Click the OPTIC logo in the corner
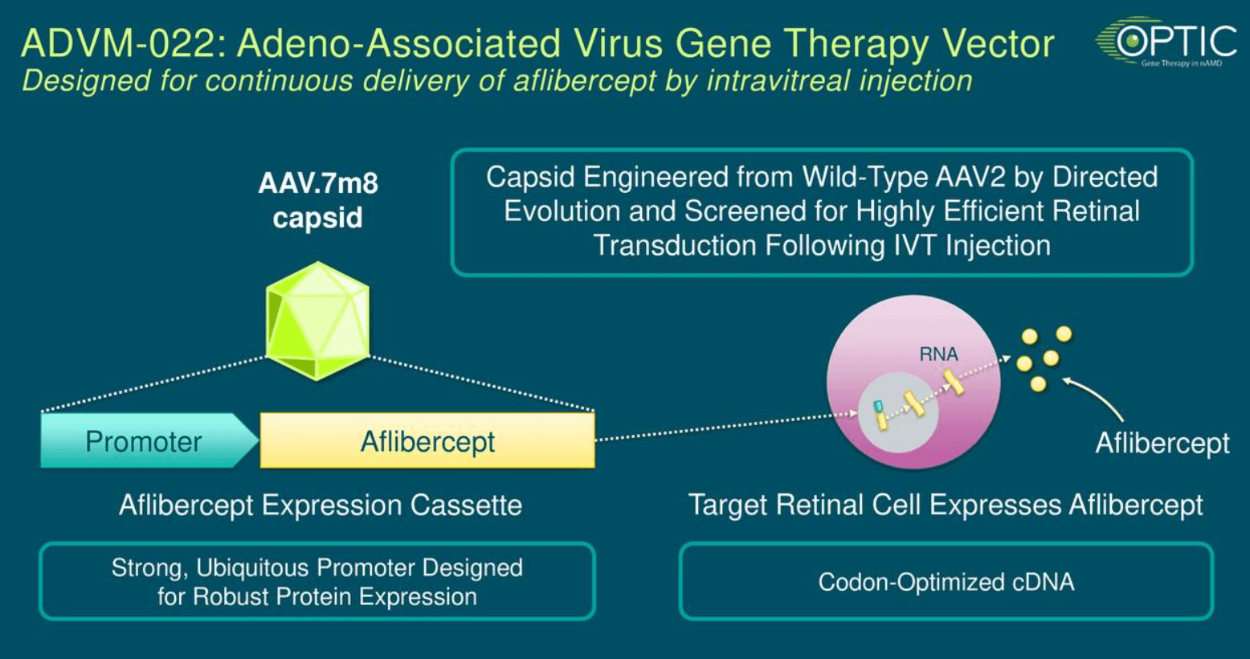point(1166,42)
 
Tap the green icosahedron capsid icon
point(317,321)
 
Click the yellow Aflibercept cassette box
point(427,440)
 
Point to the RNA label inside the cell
point(938,354)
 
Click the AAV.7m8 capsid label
point(318,200)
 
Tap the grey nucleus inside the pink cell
point(898,412)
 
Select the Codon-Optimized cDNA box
point(946,581)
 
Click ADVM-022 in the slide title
point(124,43)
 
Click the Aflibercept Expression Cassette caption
point(321,506)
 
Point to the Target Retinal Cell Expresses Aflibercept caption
point(946,506)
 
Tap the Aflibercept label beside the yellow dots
point(1162,444)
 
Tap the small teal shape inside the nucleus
point(878,406)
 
